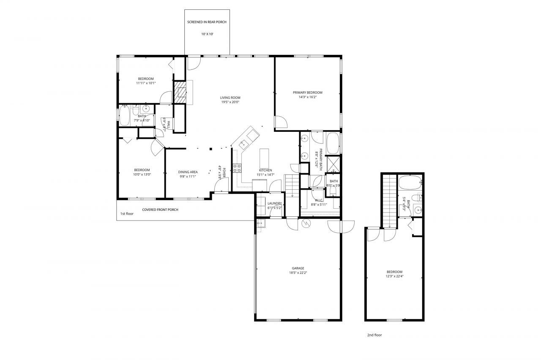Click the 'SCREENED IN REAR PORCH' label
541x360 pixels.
tap(207, 22)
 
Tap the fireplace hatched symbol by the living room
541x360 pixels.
tap(181, 92)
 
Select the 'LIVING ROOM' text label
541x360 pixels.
tap(230, 98)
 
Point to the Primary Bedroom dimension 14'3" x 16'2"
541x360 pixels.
tap(308, 97)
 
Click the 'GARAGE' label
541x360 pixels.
tap(298, 268)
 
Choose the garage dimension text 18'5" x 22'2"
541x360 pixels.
tap(298, 273)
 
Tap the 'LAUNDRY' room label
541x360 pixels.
tap(275, 203)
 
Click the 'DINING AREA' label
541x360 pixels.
tap(188, 172)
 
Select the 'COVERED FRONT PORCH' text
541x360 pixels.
tap(160, 210)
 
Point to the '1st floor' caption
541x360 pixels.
tap(127, 214)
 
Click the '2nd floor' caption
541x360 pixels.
tap(374, 335)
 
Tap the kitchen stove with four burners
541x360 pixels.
tap(238, 168)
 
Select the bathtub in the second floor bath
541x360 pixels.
tap(409, 183)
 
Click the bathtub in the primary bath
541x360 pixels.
tap(333, 143)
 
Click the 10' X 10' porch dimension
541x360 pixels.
tap(207, 34)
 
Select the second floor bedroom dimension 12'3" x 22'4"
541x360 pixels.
tap(394, 276)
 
